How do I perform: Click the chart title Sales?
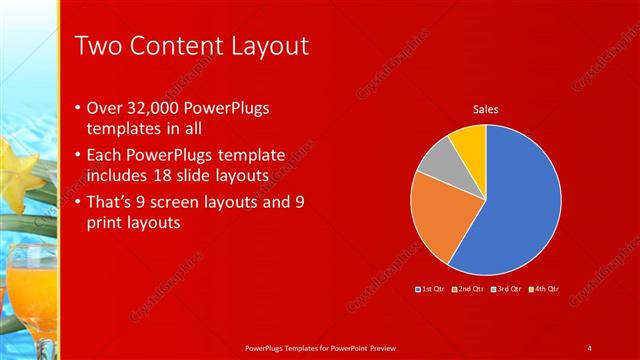click(x=486, y=109)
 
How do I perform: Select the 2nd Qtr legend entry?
click(x=469, y=289)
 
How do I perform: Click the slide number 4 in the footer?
click(x=589, y=347)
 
